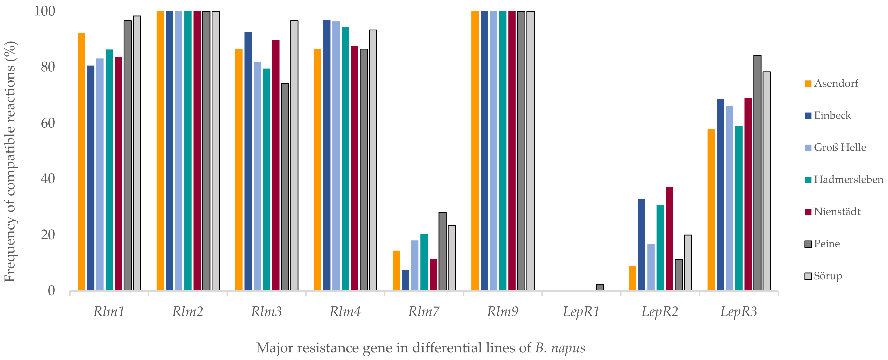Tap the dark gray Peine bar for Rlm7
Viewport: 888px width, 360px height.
[442, 251]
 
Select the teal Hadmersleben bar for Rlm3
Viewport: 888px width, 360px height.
[266, 179]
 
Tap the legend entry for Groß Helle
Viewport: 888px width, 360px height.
[840, 148]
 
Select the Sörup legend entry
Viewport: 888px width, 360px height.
[828, 276]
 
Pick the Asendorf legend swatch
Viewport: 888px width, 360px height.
[808, 84]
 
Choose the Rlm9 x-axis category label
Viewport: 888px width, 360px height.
[502, 312]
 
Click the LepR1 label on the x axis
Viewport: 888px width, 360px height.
[581, 312]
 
